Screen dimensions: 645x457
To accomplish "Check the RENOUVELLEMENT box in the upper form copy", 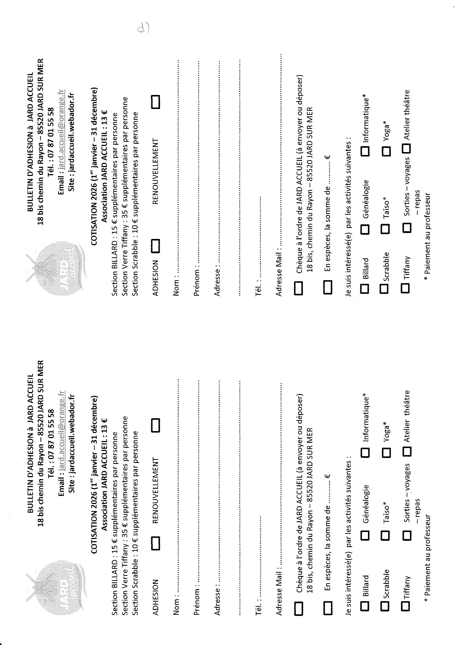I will click(x=156, y=102).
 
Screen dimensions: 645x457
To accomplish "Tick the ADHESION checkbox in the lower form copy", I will click(x=156, y=543).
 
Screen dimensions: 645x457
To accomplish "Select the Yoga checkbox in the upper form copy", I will click(x=386, y=151).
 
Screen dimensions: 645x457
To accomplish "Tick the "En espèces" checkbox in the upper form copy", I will click(x=327, y=287).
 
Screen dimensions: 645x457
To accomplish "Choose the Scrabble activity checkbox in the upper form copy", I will click(x=385, y=288).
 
